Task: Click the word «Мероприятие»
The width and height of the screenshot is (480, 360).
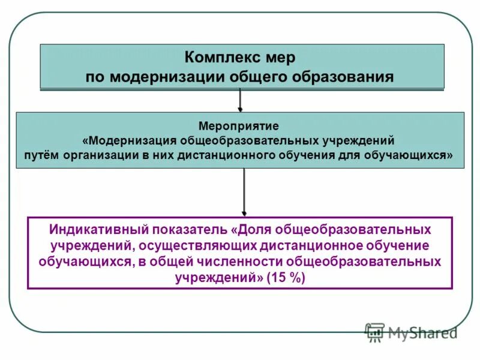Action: point(238,128)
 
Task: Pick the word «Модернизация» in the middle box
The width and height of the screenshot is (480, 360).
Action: point(128,141)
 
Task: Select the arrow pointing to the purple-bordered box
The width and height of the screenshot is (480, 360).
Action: point(244,192)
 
